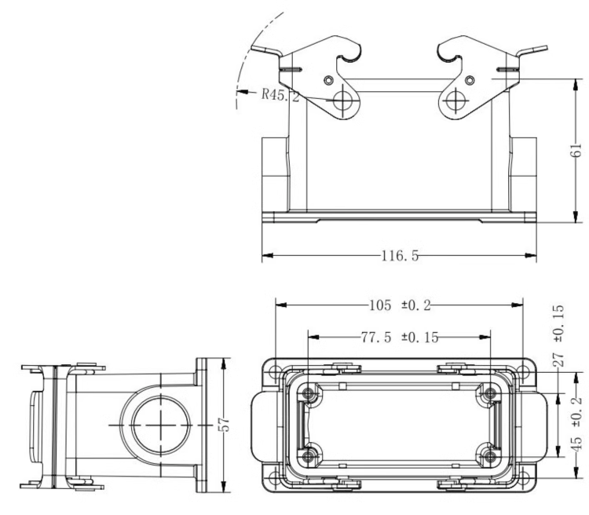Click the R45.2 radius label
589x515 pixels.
point(280,95)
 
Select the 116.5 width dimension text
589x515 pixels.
point(400,256)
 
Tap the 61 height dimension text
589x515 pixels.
point(576,150)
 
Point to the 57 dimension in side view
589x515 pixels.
point(224,425)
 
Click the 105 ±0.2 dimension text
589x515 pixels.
point(400,305)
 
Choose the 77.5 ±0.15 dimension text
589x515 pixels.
point(400,338)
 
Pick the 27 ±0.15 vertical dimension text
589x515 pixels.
point(558,335)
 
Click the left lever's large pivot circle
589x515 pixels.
point(342,100)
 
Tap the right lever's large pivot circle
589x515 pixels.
point(455,100)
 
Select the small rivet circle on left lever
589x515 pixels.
point(329,80)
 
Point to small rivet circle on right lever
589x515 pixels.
point(470,80)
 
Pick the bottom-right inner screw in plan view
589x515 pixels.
point(489,457)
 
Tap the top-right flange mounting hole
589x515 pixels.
point(522,372)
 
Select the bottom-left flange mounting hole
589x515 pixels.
point(276,478)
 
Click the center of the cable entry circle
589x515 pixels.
point(161,426)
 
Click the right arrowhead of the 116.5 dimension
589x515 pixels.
point(530,255)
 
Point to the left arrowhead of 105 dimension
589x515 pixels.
point(281,305)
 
